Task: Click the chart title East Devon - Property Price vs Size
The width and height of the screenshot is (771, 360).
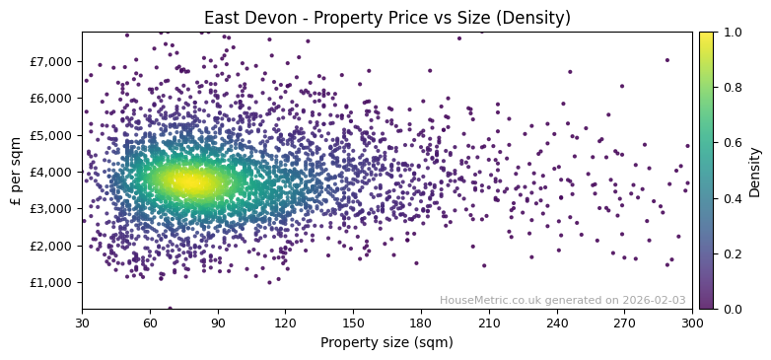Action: (x=386, y=18)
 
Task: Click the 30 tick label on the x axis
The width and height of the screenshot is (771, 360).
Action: (x=82, y=322)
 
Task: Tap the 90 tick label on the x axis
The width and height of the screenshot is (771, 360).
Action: (x=218, y=322)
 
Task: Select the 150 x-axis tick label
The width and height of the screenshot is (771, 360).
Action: (x=353, y=322)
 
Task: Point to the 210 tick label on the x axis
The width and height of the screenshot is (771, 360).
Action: (x=489, y=322)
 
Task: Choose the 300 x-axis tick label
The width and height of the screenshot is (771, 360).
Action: (x=692, y=322)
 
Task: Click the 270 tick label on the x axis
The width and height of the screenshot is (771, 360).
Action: (x=624, y=322)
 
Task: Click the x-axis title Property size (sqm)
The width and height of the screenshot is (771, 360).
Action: (x=386, y=342)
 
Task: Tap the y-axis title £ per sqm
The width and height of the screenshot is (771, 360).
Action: (x=16, y=171)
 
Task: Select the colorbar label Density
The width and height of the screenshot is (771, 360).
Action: (x=755, y=171)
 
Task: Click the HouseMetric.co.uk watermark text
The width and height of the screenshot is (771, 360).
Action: (x=562, y=300)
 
